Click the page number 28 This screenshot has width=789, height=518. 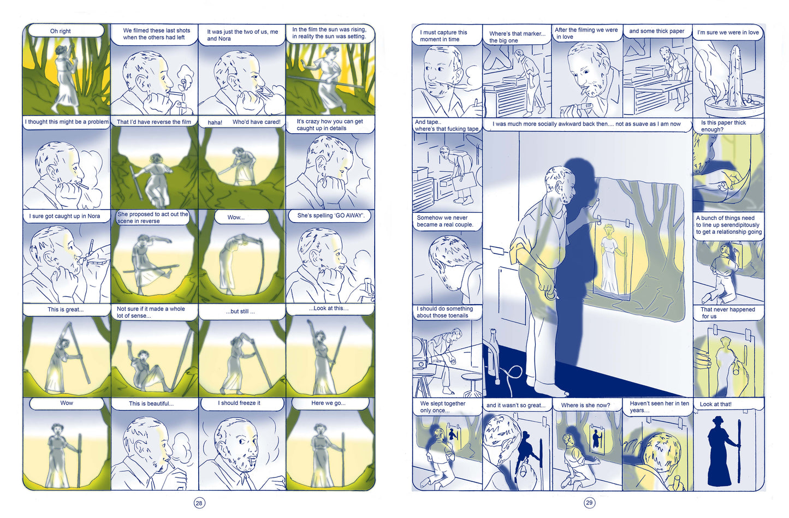point(199,503)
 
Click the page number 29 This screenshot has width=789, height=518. point(589,503)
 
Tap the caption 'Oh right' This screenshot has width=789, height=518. point(60,31)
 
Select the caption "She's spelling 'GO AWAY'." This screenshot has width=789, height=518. point(331,216)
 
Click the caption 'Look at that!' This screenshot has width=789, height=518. point(715,404)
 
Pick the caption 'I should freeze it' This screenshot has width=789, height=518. point(239,403)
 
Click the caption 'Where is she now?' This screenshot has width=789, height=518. point(585,406)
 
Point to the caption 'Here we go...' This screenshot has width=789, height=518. point(328,403)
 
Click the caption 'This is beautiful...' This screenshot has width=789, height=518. point(151,403)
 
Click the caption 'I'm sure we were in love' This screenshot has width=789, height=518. point(728,32)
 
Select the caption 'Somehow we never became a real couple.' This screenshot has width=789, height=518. point(445,221)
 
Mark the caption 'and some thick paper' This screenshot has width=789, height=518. point(656,31)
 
